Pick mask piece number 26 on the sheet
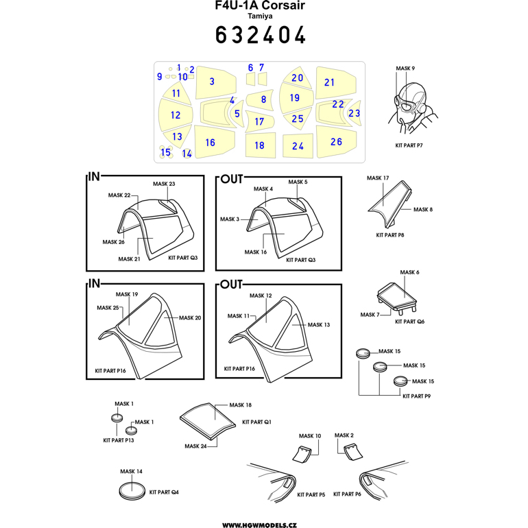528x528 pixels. (x=336, y=142)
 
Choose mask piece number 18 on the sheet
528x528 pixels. (x=259, y=145)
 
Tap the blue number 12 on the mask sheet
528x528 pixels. (x=176, y=115)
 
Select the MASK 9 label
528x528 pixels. (x=405, y=69)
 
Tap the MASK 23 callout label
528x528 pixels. (x=164, y=184)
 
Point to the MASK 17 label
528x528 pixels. (x=378, y=178)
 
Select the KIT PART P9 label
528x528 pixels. (x=416, y=396)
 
